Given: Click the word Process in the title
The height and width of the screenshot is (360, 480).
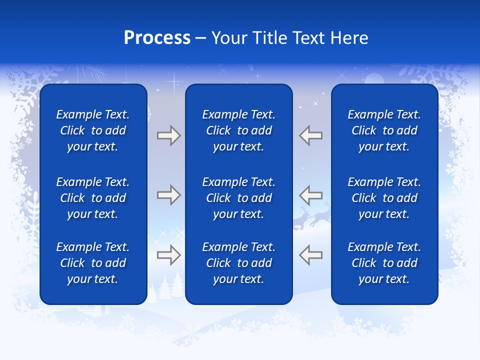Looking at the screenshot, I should coord(157,38).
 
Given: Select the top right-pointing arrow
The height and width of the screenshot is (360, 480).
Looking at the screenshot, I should coord(168,135).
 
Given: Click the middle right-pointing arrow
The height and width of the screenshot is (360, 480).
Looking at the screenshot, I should coord(168,195).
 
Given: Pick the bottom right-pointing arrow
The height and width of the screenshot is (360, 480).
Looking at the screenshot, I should coord(168,255).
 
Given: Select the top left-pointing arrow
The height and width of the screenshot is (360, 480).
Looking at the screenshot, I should coord(311,135).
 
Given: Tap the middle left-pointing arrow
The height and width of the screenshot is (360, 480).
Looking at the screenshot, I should coord(311,195).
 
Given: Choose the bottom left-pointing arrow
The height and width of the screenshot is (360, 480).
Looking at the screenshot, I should coord(311,255).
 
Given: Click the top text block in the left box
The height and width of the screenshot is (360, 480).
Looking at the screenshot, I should coord(93,130).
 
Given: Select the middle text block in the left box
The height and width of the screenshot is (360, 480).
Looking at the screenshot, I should coord(93,198).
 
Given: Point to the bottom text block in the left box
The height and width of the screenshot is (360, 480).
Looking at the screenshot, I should coord(93,263).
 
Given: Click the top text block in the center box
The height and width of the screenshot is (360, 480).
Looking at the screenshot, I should coord(238,130).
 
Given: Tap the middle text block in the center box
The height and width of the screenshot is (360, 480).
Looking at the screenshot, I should coord(238,198).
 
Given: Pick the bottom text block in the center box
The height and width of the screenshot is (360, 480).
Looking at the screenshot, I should coord(238,263).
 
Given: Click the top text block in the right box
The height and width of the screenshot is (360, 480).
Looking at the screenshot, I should coord(384,130).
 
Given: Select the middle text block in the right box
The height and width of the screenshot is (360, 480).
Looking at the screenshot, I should coord(384,198).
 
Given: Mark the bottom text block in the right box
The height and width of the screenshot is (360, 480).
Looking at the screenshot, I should coord(384,263).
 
